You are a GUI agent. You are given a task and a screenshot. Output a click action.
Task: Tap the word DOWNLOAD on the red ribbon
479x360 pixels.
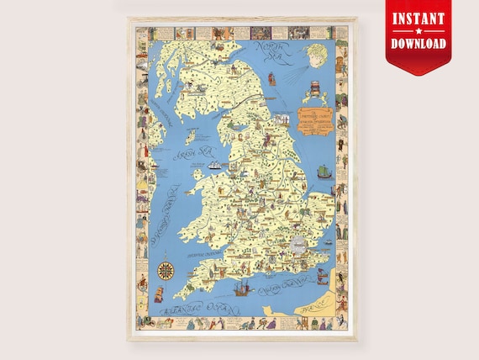point(418,43)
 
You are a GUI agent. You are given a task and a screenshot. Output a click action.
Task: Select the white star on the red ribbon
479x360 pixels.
point(418,30)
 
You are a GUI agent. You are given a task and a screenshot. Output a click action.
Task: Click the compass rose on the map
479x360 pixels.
point(166,272)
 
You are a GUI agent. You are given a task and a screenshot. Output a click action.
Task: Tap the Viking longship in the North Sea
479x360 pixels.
point(323,172)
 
